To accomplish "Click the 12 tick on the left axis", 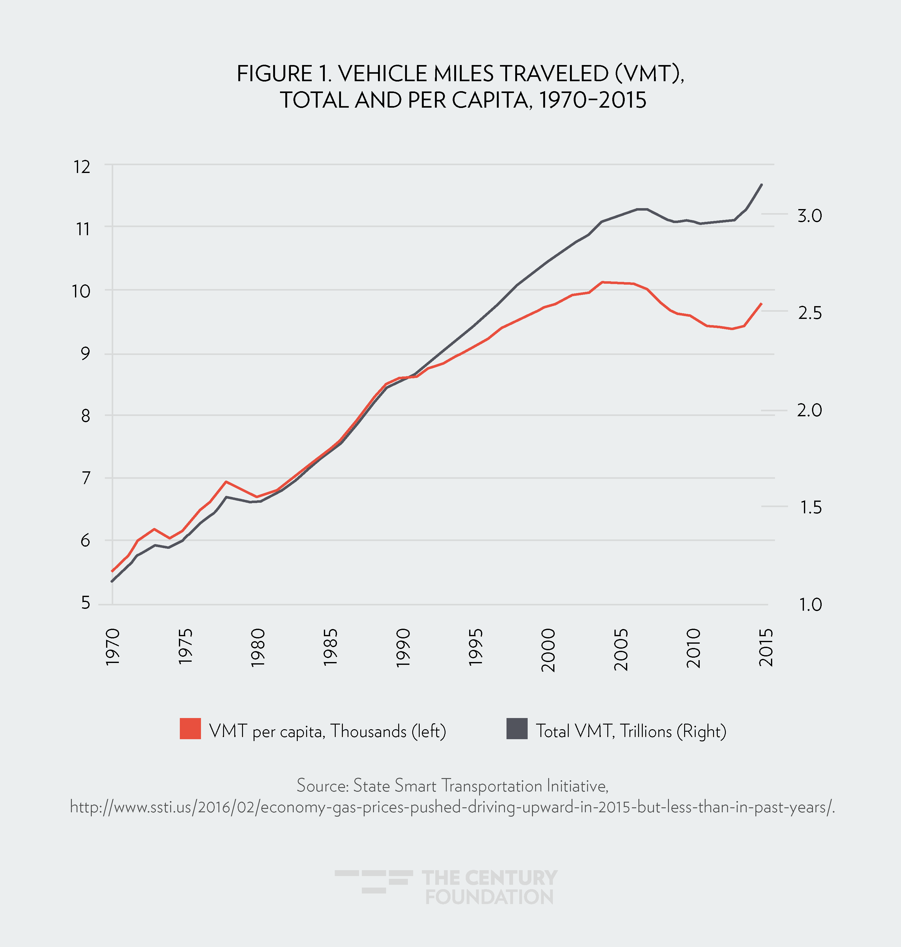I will coord(82,167).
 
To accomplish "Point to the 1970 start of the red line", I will coord(112,571).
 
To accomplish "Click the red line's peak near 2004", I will coord(602,282).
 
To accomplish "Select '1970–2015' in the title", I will coord(592,100).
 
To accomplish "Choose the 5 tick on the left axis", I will coord(86,603).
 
